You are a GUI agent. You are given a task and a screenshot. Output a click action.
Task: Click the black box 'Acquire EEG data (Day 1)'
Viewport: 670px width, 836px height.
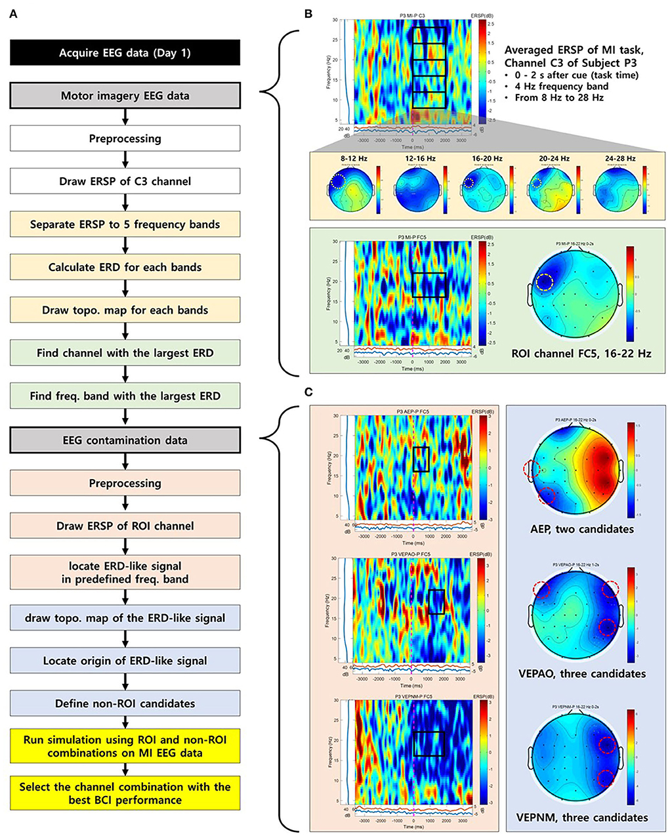coord(125,52)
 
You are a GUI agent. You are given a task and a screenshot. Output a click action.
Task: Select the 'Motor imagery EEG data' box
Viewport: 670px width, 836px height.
coord(125,96)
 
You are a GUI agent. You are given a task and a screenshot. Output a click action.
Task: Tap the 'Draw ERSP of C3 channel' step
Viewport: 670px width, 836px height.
coord(125,182)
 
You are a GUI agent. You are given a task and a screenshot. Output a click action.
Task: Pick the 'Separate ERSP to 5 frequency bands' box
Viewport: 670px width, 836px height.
coord(125,224)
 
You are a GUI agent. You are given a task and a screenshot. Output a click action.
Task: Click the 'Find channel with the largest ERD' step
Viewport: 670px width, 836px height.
coord(125,353)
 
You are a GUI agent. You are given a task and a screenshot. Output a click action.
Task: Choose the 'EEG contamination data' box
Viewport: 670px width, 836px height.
coord(125,440)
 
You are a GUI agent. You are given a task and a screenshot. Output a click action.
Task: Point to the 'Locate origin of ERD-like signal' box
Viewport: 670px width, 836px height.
coord(125,661)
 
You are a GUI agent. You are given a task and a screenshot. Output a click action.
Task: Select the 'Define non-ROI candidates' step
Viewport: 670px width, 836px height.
coord(125,703)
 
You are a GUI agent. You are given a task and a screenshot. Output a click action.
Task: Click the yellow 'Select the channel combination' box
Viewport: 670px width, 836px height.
coord(125,793)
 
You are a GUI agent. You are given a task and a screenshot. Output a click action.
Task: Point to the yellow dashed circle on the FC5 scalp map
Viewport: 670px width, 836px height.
coord(545,282)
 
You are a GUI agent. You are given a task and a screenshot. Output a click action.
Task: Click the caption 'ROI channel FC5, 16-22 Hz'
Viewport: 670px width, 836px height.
coord(576,354)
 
